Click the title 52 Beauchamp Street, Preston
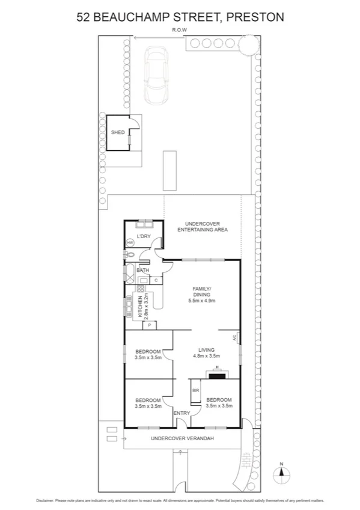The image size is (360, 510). click(180, 17)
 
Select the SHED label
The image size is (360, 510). click(117, 132)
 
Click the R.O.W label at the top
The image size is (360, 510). click(178, 29)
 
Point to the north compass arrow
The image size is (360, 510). click(279, 473)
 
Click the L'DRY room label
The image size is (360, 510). click(143, 236)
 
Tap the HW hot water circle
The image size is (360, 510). click(130, 243)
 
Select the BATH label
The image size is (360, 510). click(142, 271)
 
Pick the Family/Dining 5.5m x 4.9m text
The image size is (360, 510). click(201, 295)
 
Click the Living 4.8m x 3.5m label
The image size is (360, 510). click(206, 352)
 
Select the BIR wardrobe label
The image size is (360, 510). click(195, 390)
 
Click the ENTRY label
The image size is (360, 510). click(182, 413)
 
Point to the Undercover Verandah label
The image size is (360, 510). click(183, 438)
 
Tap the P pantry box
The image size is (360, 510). click(149, 325)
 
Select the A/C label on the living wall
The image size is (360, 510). click(235, 338)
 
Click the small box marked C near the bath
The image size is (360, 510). click(156, 280)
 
